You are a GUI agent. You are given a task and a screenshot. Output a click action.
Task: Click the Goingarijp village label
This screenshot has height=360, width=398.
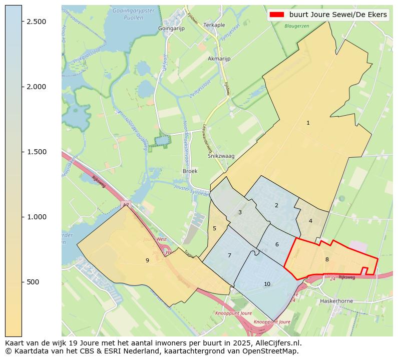(x=171, y=29)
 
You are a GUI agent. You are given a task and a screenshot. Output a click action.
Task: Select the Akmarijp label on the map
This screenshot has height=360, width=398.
(x=219, y=59)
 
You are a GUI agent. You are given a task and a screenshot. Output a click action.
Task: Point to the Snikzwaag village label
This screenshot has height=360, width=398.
(x=221, y=156)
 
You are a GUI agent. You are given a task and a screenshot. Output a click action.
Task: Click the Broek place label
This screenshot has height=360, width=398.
(x=190, y=171)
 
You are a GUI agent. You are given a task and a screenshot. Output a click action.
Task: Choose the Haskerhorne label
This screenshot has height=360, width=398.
(x=336, y=301)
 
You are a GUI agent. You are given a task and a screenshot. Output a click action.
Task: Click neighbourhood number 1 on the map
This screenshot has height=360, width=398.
(x=308, y=123)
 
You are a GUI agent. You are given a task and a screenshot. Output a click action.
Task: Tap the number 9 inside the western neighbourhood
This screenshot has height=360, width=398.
(x=147, y=260)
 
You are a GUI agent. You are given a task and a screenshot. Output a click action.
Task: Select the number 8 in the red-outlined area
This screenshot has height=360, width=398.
(x=327, y=259)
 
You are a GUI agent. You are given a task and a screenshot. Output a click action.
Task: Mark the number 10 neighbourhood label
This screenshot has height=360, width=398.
(x=267, y=284)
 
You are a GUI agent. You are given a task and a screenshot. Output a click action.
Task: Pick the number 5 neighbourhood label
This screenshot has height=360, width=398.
(x=214, y=229)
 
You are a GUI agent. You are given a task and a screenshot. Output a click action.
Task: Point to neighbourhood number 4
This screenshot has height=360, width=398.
(x=310, y=221)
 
